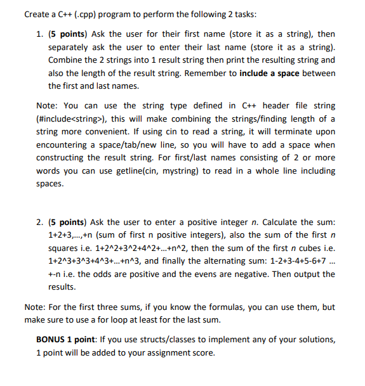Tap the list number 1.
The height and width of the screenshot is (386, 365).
pyautogui.click(x=40, y=34)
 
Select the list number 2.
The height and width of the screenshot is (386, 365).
pyautogui.click(x=40, y=222)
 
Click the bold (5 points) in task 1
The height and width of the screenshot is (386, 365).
pyautogui.click(x=68, y=34)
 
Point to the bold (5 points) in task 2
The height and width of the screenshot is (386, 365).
pyautogui.click(x=68, y=222)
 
